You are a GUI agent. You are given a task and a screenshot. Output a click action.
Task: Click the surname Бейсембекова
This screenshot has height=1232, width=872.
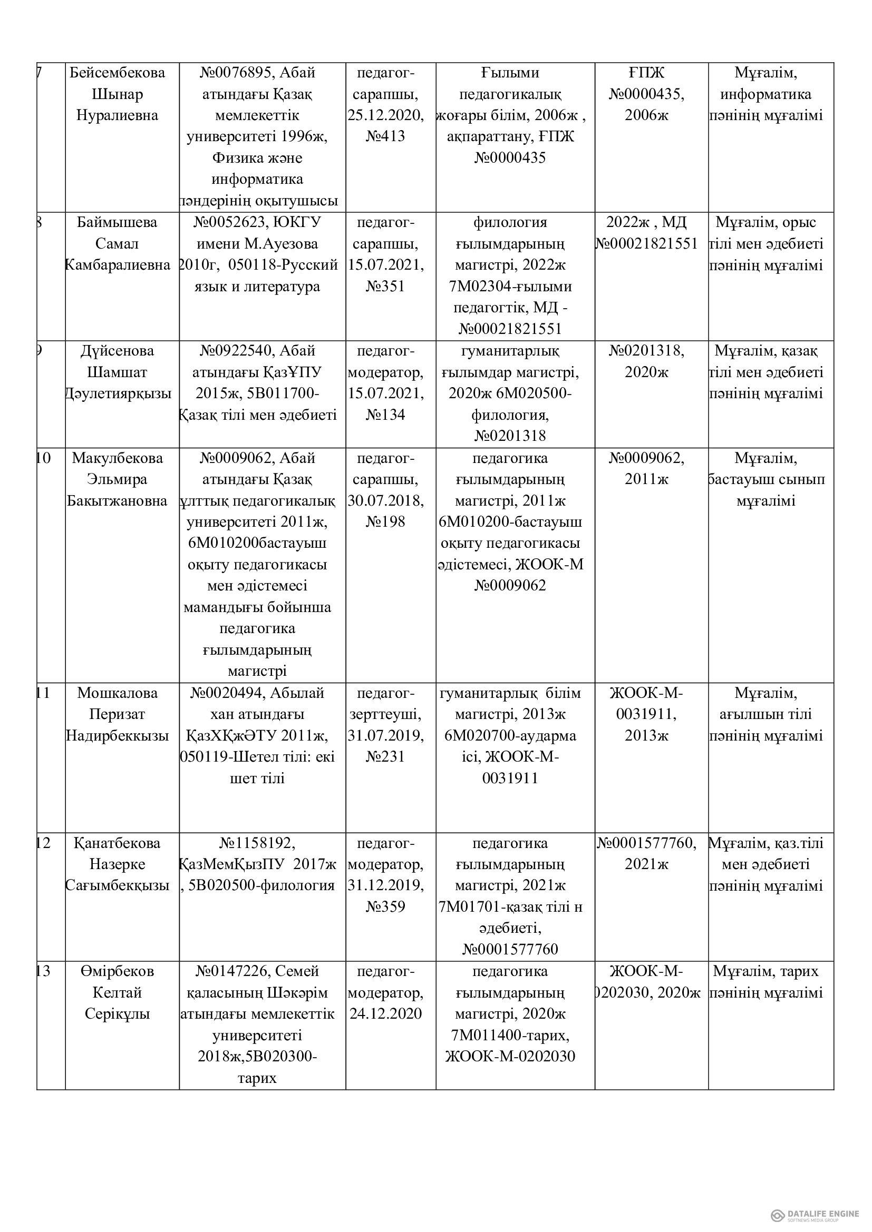[x=118, y=73]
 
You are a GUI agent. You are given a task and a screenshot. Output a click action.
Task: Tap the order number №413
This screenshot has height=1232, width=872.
[x=385, y=136]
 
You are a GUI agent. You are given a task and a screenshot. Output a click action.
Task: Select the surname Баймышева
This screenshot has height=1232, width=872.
[x=118, y=222]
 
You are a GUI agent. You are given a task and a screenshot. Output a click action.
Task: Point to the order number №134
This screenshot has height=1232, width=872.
[x=385, y=415]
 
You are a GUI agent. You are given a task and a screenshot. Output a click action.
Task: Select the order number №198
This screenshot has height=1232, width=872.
[x=385, y=521]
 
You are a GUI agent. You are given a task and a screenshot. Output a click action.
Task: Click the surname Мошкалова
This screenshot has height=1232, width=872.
[x=118, y=693]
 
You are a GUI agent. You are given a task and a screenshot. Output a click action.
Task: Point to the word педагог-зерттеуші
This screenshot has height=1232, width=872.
[x=385, y=704]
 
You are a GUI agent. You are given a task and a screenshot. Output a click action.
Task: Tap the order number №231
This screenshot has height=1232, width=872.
[x=385, y=756]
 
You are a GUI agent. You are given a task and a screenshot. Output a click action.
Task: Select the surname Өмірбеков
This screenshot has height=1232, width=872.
[x=118, y=971]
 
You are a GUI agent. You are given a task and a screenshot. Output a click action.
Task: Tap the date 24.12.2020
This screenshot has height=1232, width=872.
[x=385, y=1013]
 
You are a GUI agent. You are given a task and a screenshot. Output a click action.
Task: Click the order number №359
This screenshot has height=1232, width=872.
[x=385, y=907]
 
